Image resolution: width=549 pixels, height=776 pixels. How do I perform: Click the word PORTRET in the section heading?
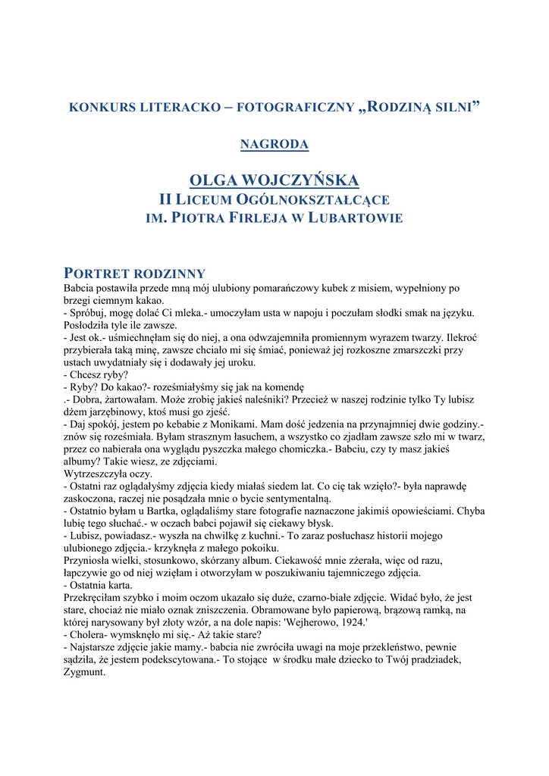[x=98, y=273]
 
